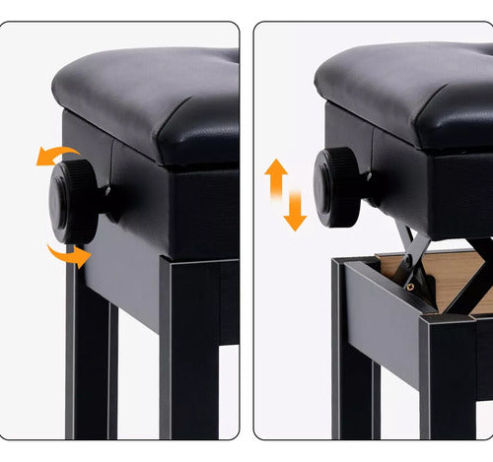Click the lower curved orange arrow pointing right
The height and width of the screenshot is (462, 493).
(x=69, y=255)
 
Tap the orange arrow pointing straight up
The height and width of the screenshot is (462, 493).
(x=276, y=178)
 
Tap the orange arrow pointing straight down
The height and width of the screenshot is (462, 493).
(x=294, y=213)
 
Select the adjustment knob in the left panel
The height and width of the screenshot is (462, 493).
(x=74, y=202)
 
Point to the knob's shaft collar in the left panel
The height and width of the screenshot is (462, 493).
(x=111, y=203)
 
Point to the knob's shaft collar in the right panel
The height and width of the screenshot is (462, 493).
(x=374, y=187)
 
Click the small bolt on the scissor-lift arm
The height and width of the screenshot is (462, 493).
(x=410, y=287)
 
